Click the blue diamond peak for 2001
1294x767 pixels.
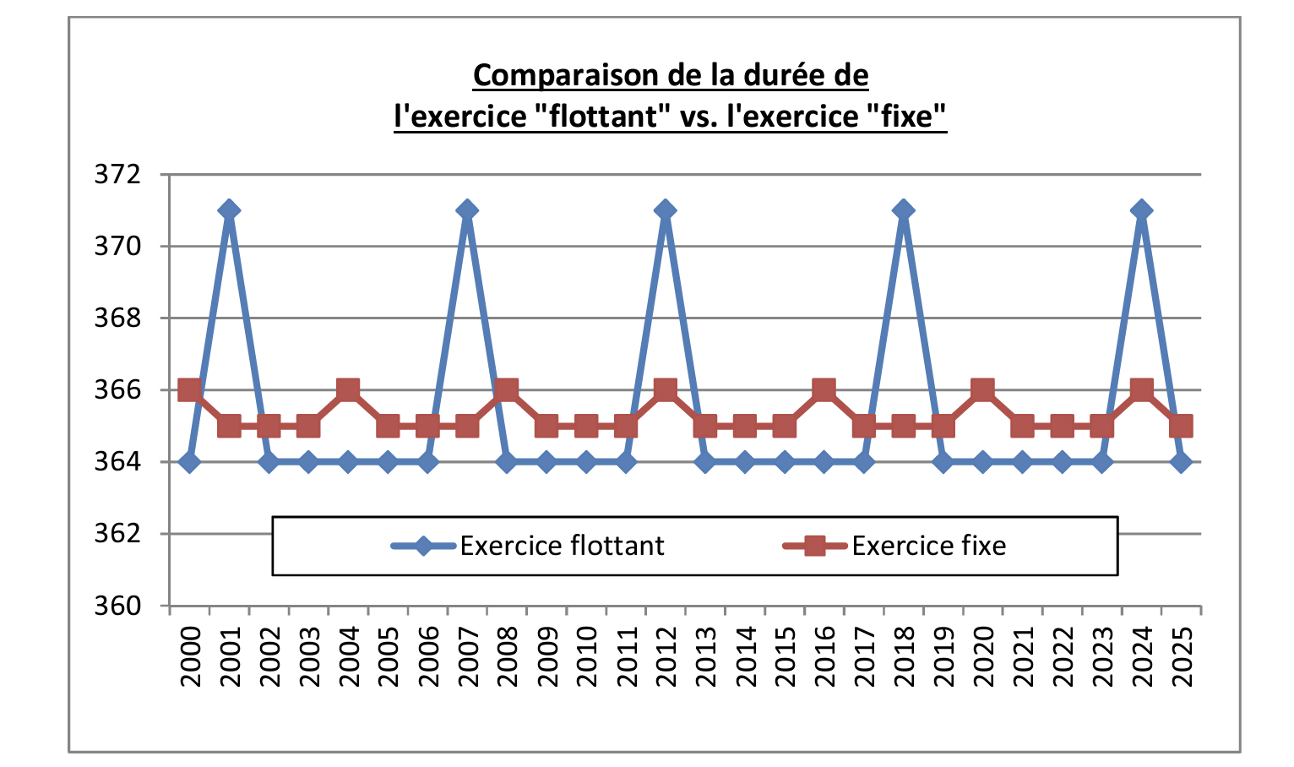coord(229,210)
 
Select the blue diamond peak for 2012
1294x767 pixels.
coord(665,210)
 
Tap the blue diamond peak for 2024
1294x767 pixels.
coord(1141,210)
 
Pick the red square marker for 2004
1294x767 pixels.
coord(348,390)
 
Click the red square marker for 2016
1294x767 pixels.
coord(824,390)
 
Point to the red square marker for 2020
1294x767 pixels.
coord(982,390)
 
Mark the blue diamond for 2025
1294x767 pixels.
coord(1181,462)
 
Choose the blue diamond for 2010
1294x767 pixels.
coord(585,462)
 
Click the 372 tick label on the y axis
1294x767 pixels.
coord(117,175)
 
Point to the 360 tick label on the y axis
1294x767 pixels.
coord(117,607)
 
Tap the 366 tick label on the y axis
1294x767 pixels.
coord(117,390)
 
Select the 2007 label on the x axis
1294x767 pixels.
coord(468,657)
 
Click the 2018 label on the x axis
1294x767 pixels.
coord(904,657)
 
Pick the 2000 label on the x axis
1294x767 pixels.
coord(190,657)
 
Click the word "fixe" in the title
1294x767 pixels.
coord(906,116)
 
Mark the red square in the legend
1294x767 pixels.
coord(814,546)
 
